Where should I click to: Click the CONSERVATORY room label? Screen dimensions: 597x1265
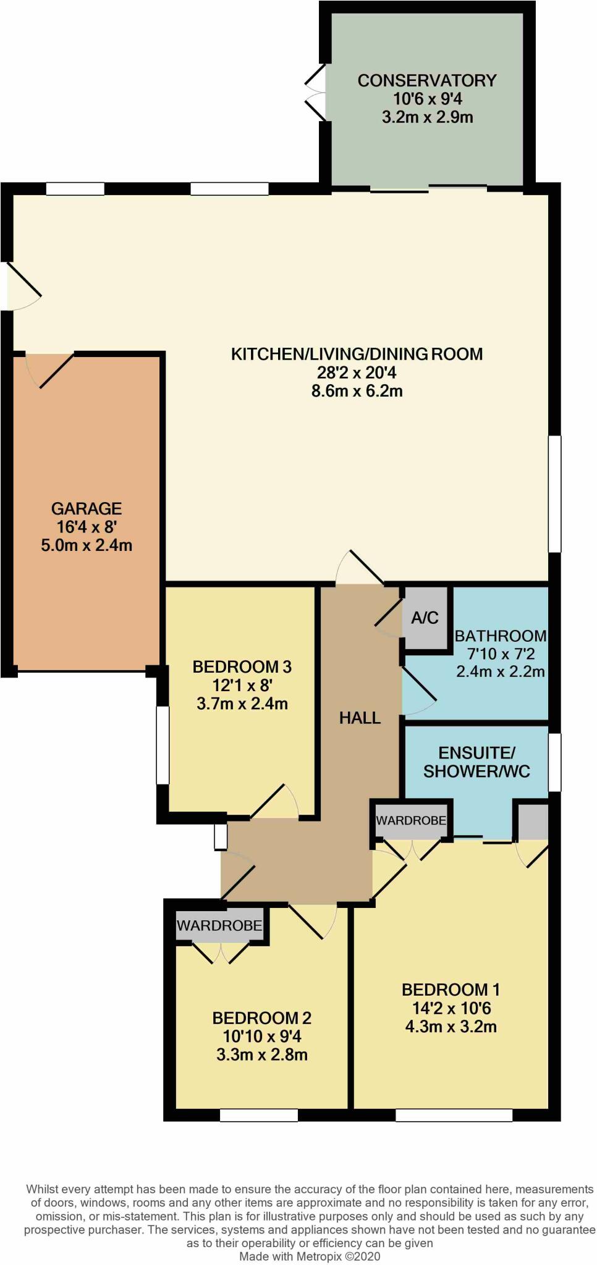427,80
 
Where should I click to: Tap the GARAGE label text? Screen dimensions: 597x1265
87,508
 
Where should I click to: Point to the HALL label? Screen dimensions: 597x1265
360,718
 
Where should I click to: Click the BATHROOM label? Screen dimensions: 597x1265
501,636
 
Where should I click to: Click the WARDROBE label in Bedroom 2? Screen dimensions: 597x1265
219,925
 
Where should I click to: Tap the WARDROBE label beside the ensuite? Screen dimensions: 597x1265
411,820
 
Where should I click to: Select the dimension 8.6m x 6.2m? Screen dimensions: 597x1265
357,391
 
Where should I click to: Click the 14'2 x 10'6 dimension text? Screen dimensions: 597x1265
451,1008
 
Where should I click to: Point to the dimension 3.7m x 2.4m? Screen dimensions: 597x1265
242,704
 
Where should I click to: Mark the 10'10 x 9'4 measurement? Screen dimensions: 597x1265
262,1036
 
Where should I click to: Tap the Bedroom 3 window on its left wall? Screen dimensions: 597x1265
163,746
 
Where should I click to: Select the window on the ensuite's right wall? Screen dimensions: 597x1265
554,762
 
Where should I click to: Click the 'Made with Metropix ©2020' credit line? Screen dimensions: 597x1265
310,1256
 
